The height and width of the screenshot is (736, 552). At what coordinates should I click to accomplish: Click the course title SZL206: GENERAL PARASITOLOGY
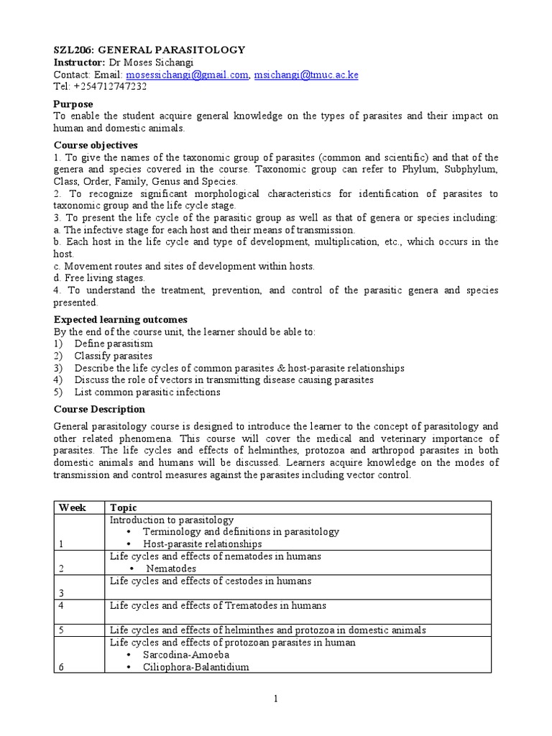pyautogui.click(x=149, y=50)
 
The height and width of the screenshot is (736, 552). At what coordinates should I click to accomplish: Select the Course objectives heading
pyautogui.click(x=96, y=145)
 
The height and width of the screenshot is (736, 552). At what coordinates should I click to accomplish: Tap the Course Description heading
pyautogui.click(x=99, y=409)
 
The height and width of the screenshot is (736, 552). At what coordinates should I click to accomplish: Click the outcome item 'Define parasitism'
pyautogui.click(x=113, y=344)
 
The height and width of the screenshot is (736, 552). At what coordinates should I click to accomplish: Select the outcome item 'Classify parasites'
pyautogui.click(x=113, y=356)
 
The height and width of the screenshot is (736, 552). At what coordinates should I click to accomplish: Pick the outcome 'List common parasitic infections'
pyautogui.click(x=147, y=392)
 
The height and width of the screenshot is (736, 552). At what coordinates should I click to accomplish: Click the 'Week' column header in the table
pyautogui.click(x=72, y=507)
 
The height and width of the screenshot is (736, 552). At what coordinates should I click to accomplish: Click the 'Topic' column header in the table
pyautogui.click(x=124, y=507)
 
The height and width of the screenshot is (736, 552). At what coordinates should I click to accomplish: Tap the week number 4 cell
pyautogui.click(x=61, y=605)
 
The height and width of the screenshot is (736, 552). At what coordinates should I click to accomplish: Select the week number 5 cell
pyautogui.click(x=61, y=630)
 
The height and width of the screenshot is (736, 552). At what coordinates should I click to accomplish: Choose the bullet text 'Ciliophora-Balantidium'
pyautogui.click(x=195, y=667)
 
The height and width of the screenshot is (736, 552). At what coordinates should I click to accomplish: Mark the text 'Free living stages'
pyautogui.click(x=105, y=277)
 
